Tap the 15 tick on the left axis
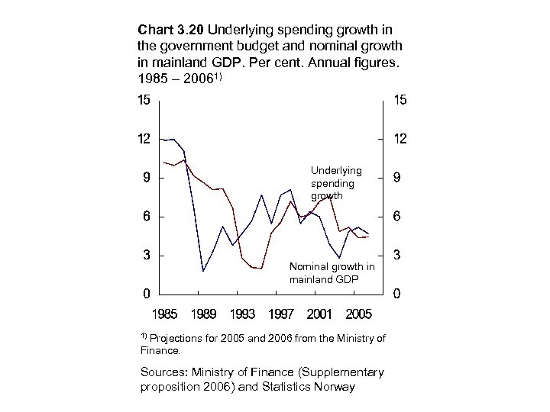point(144,100)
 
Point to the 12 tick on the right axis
point(400,139)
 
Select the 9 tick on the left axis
point(144,178)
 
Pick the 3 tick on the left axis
point(144,255)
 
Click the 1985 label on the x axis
point(165,313)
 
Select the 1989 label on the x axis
point(203,313)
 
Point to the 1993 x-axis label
point(241,313)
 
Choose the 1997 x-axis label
point(280,313)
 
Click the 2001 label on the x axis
point(319,313)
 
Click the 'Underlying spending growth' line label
point(336,183)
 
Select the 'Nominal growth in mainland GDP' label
point(332,273)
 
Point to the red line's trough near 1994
point(261,269)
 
